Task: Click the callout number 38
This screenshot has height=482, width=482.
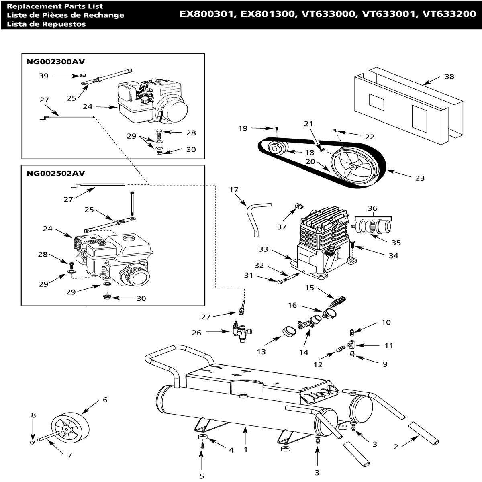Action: pos(449,76)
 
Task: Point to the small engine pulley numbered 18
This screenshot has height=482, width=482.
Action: pos(276,149)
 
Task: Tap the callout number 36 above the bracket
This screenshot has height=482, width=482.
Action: pos(372,208)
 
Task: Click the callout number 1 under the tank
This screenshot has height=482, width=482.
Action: pos(246,450)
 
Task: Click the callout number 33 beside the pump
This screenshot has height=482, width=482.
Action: pos(263,249)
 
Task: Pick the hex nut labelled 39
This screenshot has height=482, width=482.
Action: pos(82,75)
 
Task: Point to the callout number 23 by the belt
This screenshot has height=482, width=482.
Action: pos(420,178)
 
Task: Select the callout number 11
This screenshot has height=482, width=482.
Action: pos(389,345)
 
